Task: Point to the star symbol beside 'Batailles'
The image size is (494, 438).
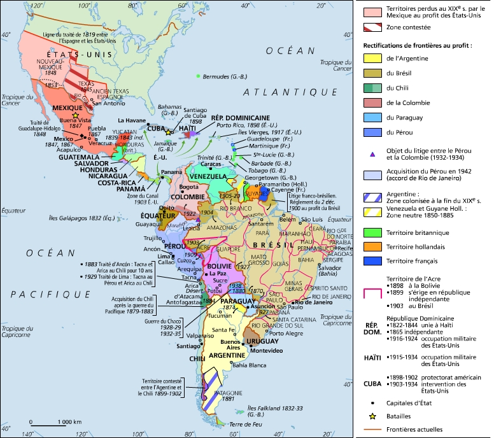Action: pos(371,416)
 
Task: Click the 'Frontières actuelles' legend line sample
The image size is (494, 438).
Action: pos(371,429)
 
